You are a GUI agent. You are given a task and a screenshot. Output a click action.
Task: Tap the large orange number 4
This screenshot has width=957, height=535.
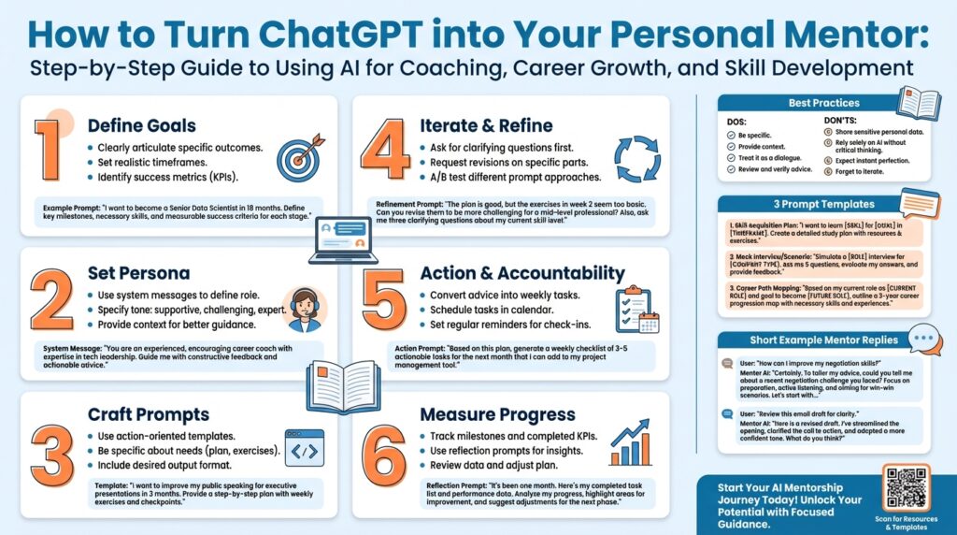coord(386,150)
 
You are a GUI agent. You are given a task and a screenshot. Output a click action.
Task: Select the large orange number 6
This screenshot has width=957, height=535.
coord(386,456)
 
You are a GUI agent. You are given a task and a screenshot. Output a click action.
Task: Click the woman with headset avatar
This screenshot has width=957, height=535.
coord(306,309)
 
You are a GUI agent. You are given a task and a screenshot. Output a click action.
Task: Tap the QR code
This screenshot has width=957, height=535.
coord(906,486)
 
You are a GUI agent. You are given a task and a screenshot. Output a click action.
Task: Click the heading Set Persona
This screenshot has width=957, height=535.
coord(138,274)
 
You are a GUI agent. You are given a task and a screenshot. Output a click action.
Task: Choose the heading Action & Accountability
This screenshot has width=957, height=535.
coord(522,274)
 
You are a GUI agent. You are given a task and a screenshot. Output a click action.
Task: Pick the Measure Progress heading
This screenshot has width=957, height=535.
coord(497,413)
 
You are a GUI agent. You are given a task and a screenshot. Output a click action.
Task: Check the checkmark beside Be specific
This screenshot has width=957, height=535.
coord(731,136)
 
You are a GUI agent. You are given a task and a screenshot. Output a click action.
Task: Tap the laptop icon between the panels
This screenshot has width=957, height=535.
coord(342,239)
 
